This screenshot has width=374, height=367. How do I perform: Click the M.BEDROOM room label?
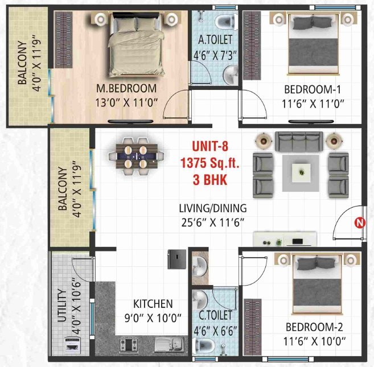[126, 88]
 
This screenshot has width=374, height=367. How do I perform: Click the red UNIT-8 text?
[209, 146]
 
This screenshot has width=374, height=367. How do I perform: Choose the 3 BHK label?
[209, 180]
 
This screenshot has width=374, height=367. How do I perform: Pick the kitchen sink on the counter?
[168, 343]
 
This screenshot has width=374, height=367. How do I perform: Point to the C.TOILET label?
[216, 314]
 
